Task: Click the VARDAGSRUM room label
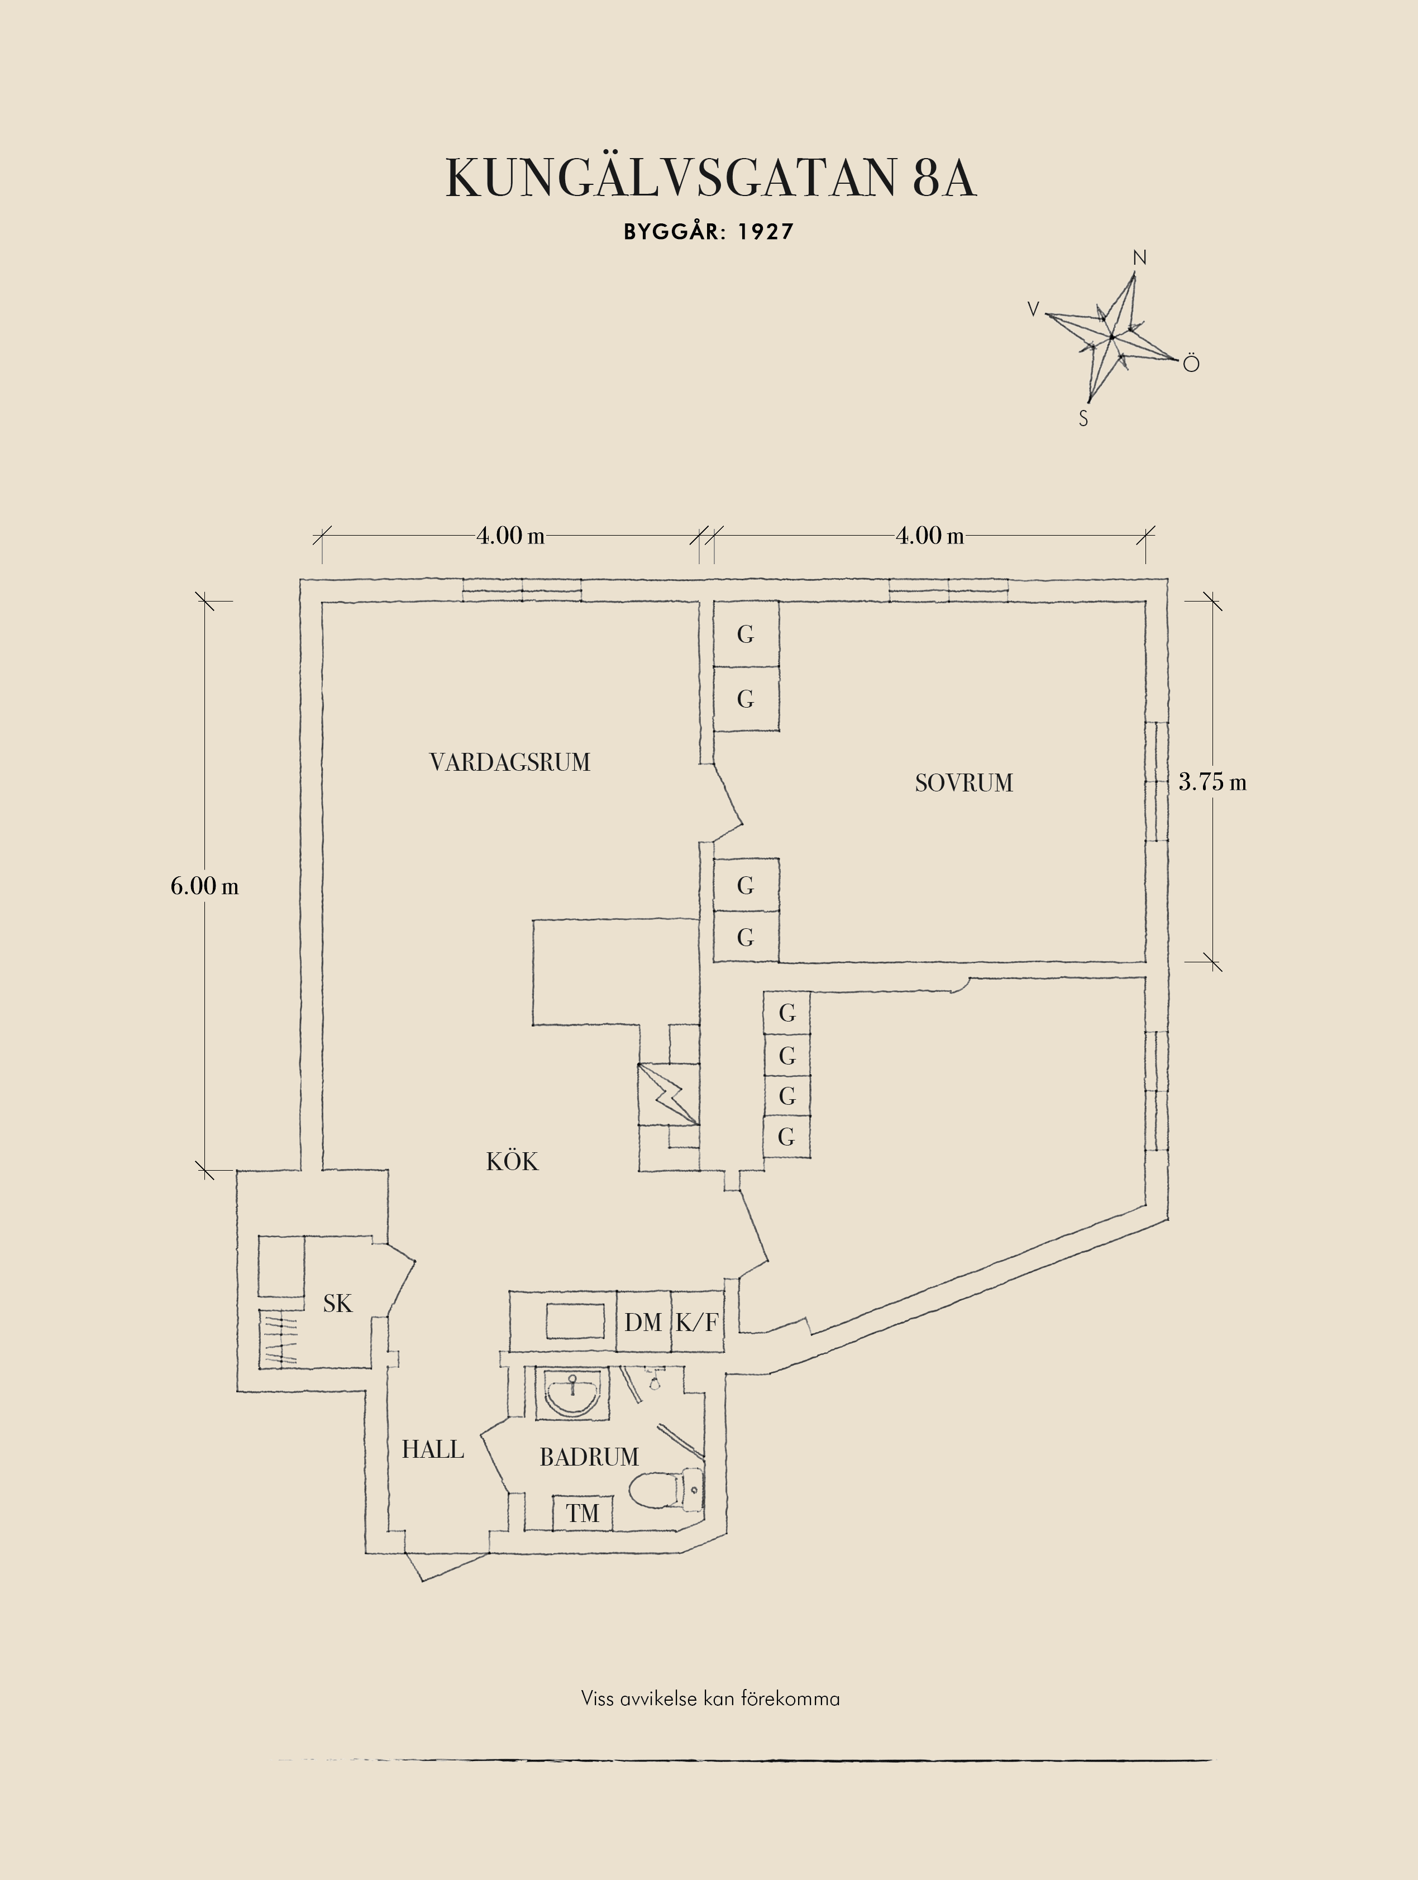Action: (x=510, y=762)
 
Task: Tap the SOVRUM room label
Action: (x=963, y=782)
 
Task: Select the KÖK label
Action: (x=512, y=1161)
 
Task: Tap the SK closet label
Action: (x=337, y=1304)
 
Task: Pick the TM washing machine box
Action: (x=583, y=1513)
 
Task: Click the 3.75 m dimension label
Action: (x=1212, y=782)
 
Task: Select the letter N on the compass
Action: (x=1140, y=257)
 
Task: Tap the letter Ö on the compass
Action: (x=1191, y=363)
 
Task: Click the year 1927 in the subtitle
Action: (x=766, y=232)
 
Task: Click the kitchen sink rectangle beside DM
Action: (x=574, y=1321)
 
